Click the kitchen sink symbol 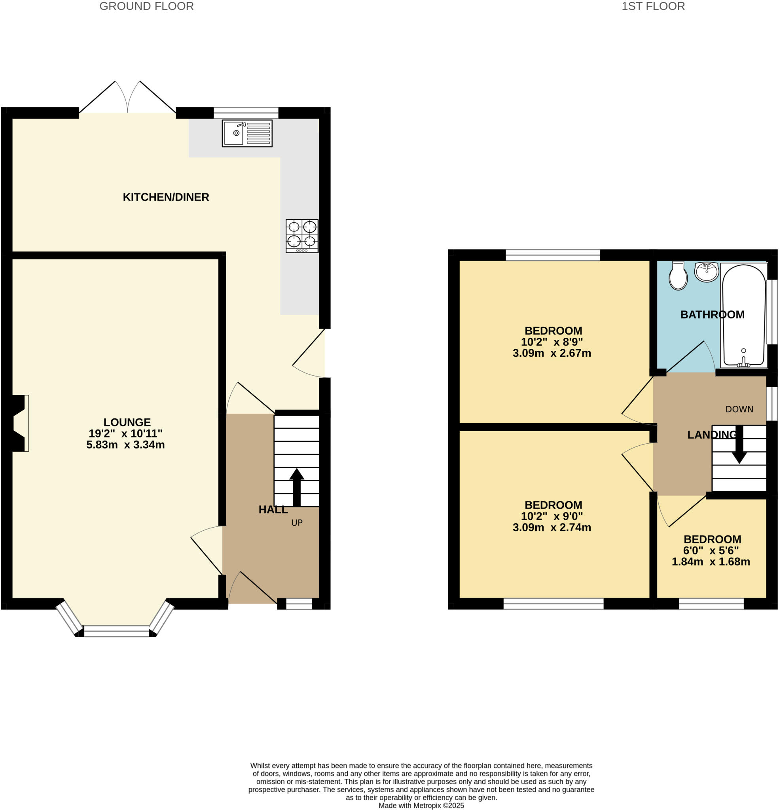click(x=247, y=133)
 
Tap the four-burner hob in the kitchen click(x=302, y=236)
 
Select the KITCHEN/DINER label click(x=166, y=197)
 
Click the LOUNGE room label click(x=127, y=422)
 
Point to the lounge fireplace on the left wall click(x=19, y=423)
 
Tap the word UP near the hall click(x=297, y=523)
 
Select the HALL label click(x=273, y=509)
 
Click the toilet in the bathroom click(x=678, y=276)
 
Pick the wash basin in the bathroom click(x=707, y=271)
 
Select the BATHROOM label click(x=712, y=314)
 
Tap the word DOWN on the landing click(x=739, y=409)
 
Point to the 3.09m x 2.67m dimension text click(x=552, y=353)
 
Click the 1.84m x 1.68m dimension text click(x=711, y=562)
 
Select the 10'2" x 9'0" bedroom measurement click(x=552, y=516)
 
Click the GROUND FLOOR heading click(x=146, y=6)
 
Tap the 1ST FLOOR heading click(x=653, y=6)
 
